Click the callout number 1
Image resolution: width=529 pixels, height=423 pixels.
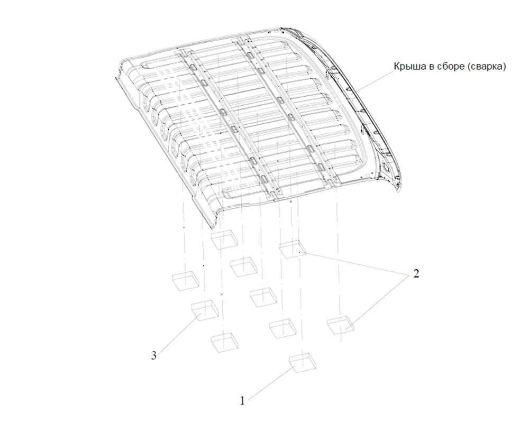[x=242, y=401]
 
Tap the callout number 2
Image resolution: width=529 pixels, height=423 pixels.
[x=416, y=273]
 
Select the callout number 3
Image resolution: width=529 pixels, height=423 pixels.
[x=154, y=355]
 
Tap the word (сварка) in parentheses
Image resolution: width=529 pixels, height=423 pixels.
[x=487, y=67]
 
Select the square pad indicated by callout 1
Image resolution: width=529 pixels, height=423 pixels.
[x=303, y=363]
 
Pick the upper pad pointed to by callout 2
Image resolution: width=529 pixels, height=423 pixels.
[x=293, y=250]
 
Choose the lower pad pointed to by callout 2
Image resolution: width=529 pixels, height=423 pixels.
[x=341, y=326]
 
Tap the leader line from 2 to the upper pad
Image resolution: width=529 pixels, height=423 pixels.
[x=357, y=262]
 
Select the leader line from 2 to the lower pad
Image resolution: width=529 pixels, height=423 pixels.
[x=379, y=300]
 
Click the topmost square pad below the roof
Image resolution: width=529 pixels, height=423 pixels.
[x=224, y=240]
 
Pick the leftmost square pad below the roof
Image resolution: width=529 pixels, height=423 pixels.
[x=186, y=281]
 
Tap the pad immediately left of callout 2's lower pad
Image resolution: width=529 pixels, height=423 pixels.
[x=282, y=328]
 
